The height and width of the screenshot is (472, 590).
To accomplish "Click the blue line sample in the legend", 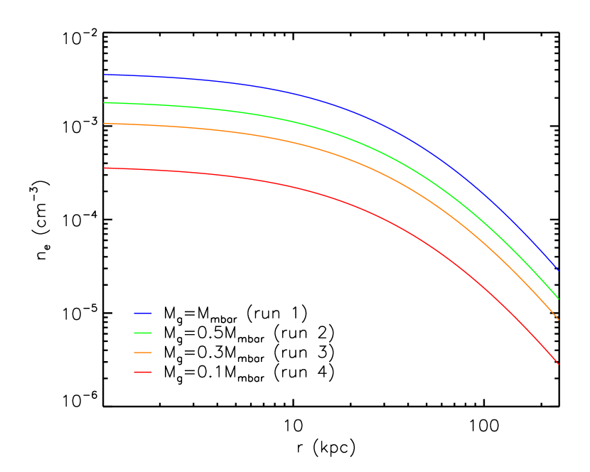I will click(x=142, y=313).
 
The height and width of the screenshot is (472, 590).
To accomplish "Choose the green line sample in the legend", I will click(x=142, y=333).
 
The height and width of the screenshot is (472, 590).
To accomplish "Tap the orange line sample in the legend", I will click(x=142, y=353).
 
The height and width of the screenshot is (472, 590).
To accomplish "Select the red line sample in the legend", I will click(x=142, y=372).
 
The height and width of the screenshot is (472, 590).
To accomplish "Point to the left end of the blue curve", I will click(x=104, y=74).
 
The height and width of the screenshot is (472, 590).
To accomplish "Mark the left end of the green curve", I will click(x=104, y=102).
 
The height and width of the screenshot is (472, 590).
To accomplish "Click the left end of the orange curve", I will click(x=104, y=124).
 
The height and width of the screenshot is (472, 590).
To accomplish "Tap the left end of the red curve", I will click(x=104, y=168).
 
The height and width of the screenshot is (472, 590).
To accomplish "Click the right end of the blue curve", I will click(x=559, y=270).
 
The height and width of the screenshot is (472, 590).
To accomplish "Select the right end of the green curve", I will click(x=559, y=299).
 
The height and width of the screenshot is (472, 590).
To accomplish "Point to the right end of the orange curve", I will click(x=559, y=319).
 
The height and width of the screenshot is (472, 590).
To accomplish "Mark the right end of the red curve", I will click(x=559, y=364).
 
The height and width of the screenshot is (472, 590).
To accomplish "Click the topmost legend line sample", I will click(x=142, y=313).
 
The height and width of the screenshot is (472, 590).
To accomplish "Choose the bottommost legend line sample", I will click(x=142, y=372).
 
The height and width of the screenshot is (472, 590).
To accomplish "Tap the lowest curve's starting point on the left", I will click(x=104, y=168).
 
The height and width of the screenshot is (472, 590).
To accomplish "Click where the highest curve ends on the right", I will click(x=559, y=270).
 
